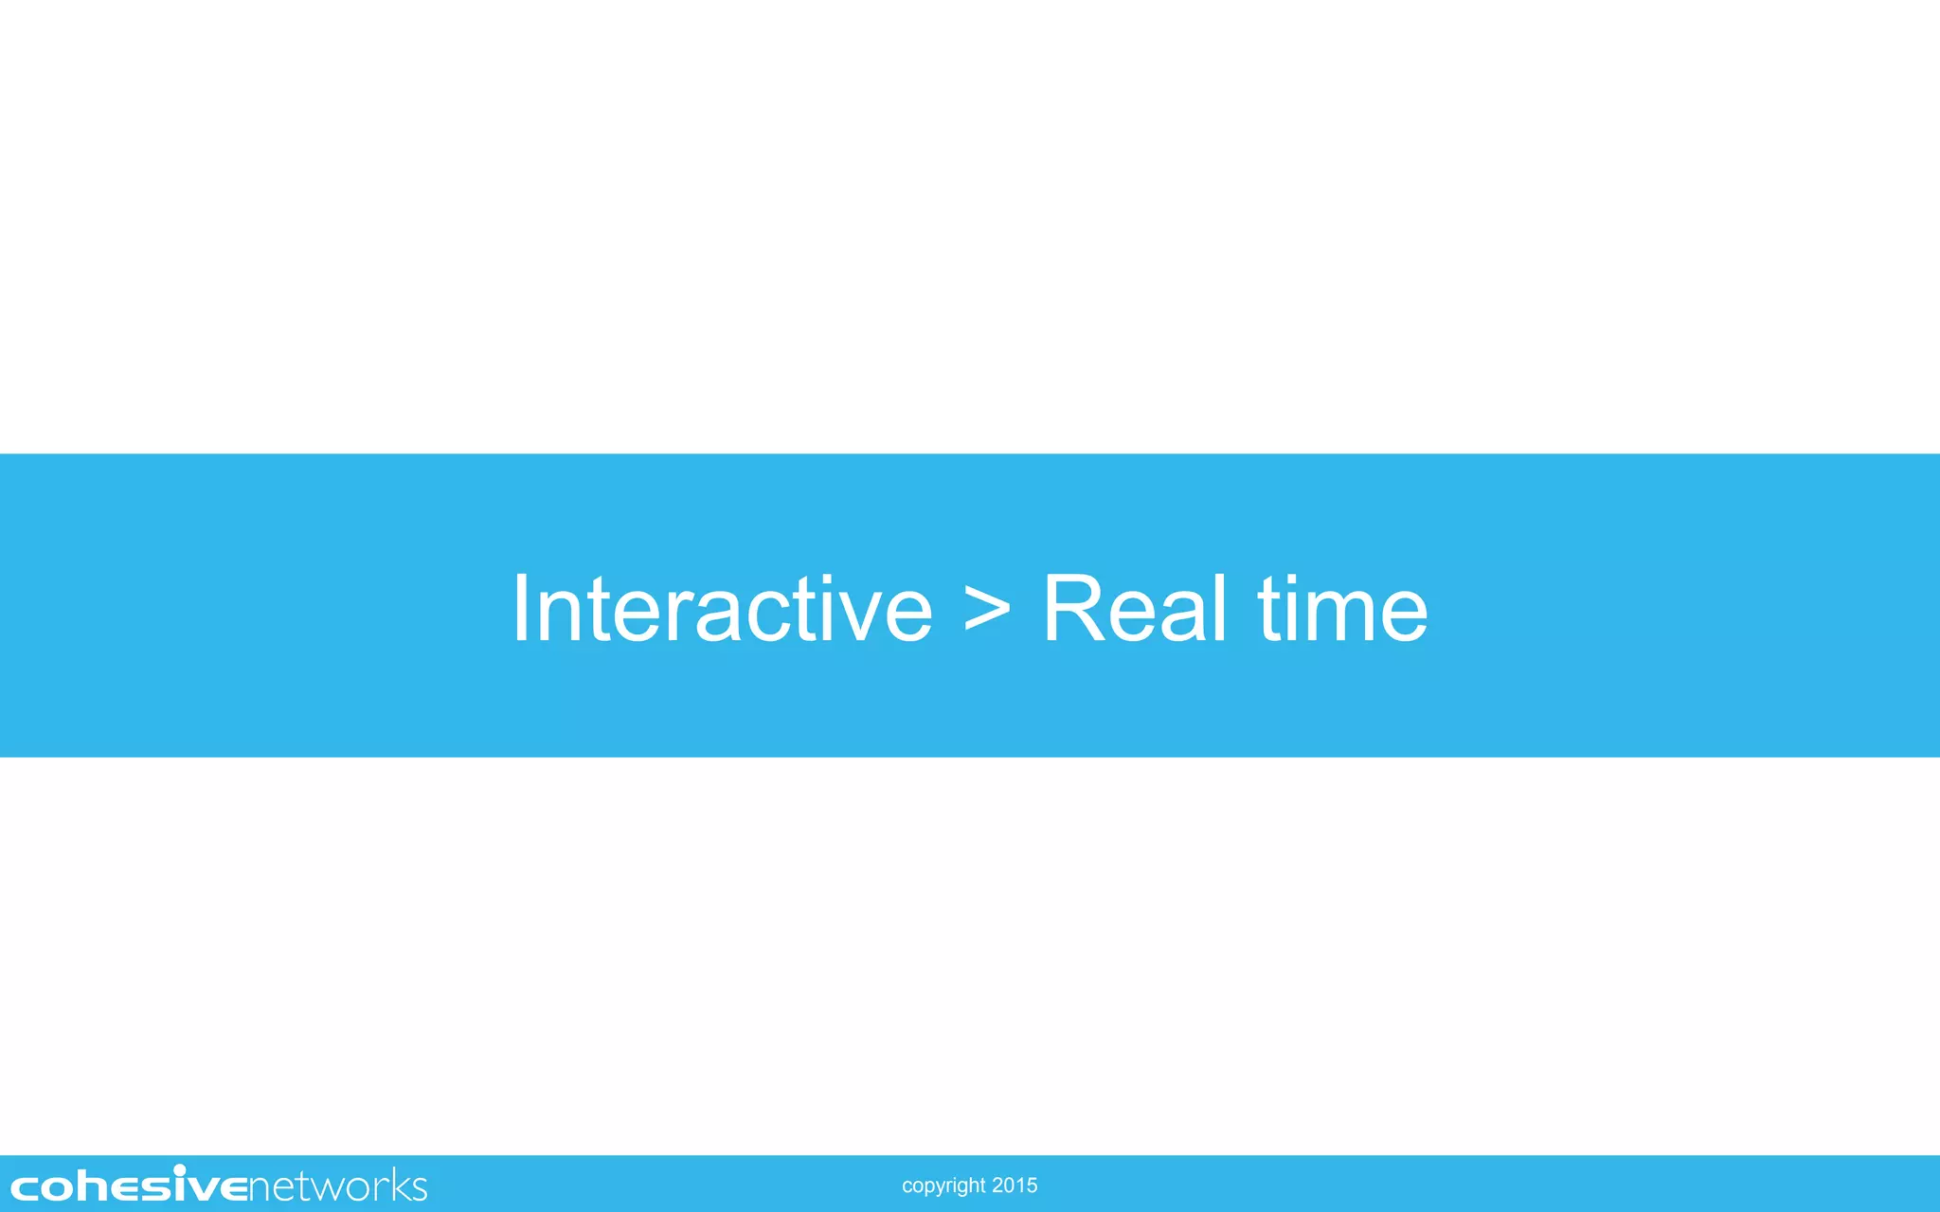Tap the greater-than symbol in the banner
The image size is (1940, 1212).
click(x=987, y=611)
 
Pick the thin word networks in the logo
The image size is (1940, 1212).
click(x=338, y=1186)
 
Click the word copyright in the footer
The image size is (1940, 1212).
click(x=943, y=1185)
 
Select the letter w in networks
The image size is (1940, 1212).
click(x=310, y=1188)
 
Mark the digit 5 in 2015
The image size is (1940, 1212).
click(x=1032, y=1185)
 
